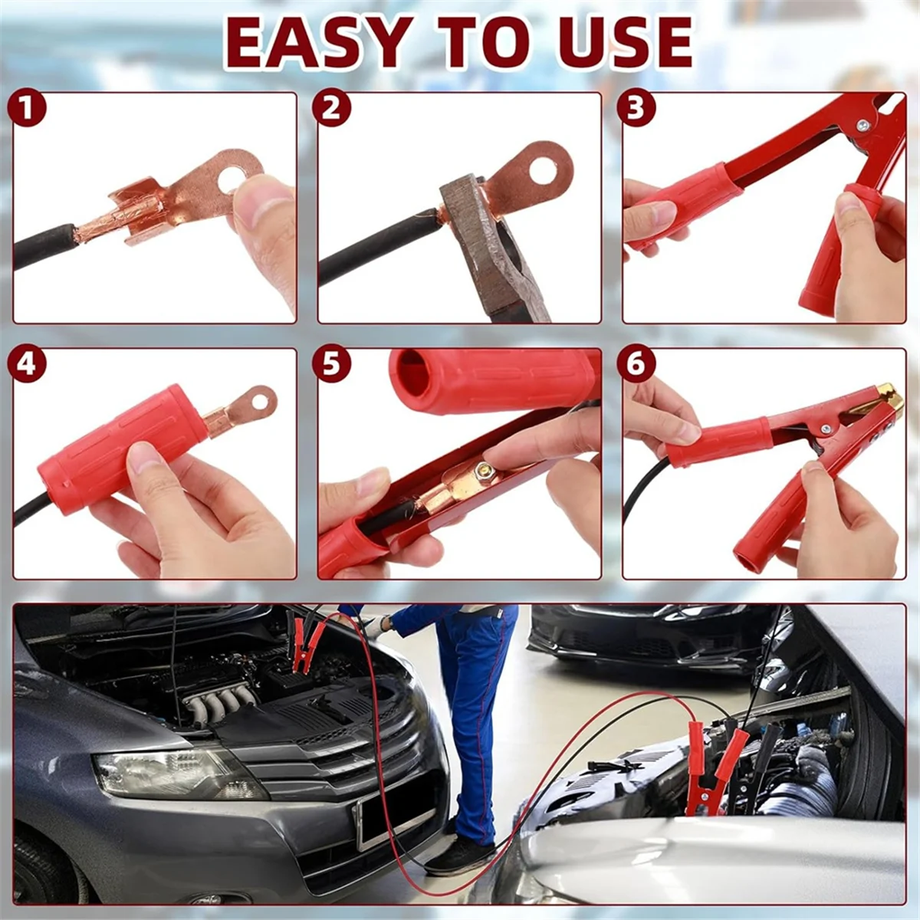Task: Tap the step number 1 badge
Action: pyautogui.click(x=27, y=110)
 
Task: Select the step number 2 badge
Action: pyautogui.click(x=331, y=110)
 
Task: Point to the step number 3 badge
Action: pyautogui.click(x=636, y=110)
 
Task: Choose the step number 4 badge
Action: pyautogui.click(x=27, y=365)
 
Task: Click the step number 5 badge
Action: pyautogui.click(x=331, y=365)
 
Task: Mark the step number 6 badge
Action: pyautogui.click(x=636, y=365)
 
